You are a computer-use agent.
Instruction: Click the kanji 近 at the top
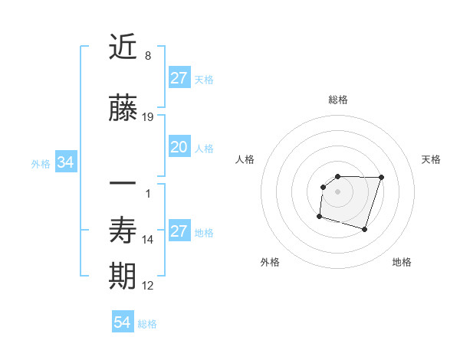coord(123,47)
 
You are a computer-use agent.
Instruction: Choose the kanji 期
coord(123,277)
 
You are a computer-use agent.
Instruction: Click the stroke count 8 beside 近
coord(147,56)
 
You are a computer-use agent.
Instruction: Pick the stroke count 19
coord(148,117)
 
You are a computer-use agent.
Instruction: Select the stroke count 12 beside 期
coord(148,286)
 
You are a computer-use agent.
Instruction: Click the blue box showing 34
coord(65,162)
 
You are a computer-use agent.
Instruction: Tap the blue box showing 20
coord(179,147)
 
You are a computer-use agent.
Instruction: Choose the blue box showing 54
coord(123,322)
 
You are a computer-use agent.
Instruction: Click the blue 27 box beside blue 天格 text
coord(179,77)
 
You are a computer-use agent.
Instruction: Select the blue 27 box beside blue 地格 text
coord(179,231)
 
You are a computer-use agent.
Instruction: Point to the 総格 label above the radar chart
coord(338,100)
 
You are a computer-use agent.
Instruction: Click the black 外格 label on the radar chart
coord(270,262)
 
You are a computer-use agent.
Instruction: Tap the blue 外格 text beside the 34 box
coord(41,163)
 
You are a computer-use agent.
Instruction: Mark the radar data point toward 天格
coord(382,177)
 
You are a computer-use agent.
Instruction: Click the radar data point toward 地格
coord(364,229)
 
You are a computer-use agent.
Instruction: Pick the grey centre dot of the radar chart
coord(338,191)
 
